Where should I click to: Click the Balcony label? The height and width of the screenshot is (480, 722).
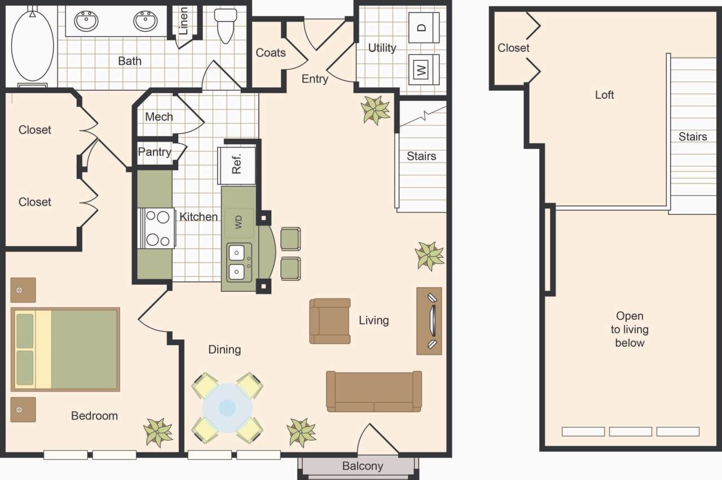(x=362, y=466)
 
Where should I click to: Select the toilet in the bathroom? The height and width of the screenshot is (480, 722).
(x=226, y=25)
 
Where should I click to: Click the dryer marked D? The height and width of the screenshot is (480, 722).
(x=424, y=26)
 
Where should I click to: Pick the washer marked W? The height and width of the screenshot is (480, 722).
(x=424, y=69)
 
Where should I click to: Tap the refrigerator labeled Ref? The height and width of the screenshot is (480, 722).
(x=237, y=165)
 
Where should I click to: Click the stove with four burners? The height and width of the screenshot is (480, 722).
(x=157, y=228)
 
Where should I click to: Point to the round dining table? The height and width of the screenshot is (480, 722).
(x=227, y=408)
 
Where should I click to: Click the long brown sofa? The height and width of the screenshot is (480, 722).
(x=374, y=391)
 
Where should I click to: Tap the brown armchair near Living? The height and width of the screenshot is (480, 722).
(x=330, y=321)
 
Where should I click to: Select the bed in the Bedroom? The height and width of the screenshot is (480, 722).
(x=65, y=349)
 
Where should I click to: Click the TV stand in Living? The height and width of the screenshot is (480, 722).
(x=429, y=320)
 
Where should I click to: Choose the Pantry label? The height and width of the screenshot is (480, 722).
(x=154, y=152)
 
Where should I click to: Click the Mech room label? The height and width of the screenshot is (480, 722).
(x=159, y=117)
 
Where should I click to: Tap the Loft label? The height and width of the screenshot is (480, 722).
(x=604, y=95)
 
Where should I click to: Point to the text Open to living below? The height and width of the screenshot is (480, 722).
(x=629, y=329)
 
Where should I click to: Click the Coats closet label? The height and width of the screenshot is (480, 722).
(x=271, y=52)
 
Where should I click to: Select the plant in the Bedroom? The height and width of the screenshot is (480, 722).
(x=158, y=432)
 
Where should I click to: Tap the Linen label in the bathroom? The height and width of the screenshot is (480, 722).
(x=184, y=21)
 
